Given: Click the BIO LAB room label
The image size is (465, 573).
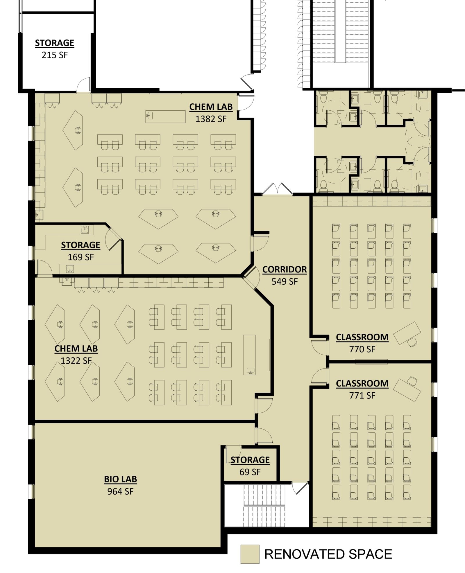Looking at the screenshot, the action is coord(120,479).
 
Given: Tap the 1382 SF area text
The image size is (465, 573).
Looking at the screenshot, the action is coord(211,119).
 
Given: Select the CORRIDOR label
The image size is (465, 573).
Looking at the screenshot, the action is coord(285,270).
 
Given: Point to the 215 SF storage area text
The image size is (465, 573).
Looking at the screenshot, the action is coord(55,55).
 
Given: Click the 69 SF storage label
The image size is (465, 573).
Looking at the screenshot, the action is coord(250,472).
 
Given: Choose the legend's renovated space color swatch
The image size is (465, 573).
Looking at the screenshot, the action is coord(250,554).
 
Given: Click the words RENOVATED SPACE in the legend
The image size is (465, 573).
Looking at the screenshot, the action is coord(328,554).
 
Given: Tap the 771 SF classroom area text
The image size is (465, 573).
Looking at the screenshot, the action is coord(362,395).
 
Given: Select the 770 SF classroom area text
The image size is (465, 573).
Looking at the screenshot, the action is coord(362,349).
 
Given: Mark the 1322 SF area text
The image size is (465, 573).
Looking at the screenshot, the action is coord(76,360).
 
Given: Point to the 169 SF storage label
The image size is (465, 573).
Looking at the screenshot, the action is coord(81,257).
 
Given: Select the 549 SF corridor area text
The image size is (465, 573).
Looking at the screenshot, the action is coord(285,281).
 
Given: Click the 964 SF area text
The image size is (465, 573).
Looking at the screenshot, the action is coord(120,491).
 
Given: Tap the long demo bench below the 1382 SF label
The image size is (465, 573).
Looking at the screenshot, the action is coord(165,116).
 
